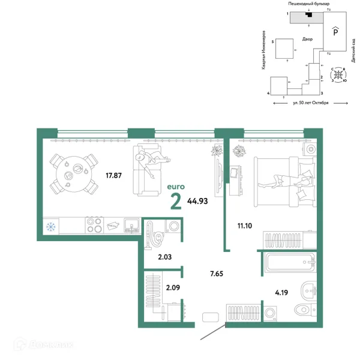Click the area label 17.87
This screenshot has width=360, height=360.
pos(113,176)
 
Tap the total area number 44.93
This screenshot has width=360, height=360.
pos(197,201)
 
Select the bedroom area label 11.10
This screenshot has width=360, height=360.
pos(245,226)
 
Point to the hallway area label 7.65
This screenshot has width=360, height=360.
pos(217,274)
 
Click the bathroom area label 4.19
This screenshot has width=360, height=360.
pos(281,293)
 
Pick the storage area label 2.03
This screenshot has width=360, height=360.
pos(165,257)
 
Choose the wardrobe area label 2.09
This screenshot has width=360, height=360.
pos(173,287)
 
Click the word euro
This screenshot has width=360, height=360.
pos(176,187)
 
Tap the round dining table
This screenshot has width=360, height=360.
pos(74,174)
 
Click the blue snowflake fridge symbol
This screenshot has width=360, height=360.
pos(51,227)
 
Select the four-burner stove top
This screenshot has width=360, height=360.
pos(94,225)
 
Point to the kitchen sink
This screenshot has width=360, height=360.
pos(131,225)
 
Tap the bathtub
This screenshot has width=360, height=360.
pos(290,262)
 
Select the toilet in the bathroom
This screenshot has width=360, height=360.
pos(305,310)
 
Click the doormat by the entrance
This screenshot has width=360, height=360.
pos(211,317)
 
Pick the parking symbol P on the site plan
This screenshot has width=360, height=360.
pos(335,31)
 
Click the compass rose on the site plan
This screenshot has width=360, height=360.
pos(338,74)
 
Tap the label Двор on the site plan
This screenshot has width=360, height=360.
pos(307,39)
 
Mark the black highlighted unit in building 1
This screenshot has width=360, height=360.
pos(309,14)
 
